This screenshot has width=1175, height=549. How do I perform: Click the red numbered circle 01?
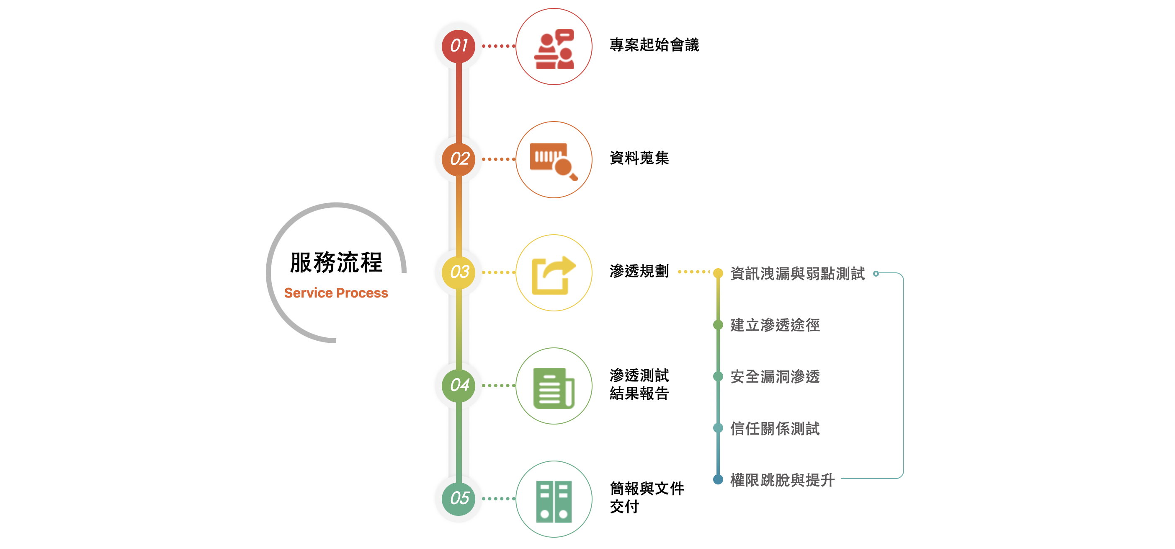pyautogui.click(x=459, y=46)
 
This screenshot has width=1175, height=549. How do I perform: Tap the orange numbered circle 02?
pyautogui.click(x=459, y=159)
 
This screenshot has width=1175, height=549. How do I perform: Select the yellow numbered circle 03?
pyautogui.click(x=459, y=272)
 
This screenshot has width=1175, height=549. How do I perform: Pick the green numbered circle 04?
pyautogui.click(x=459, y=386)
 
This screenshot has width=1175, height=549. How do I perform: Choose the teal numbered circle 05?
pyautogui.click(x=459, y=498)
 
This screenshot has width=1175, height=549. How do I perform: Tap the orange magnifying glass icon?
pyautogui.click(x=554, y=160)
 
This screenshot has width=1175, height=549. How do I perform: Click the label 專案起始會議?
pyautogui.click(x=654, y=45)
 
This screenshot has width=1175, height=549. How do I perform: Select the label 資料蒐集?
pyautogui.click(x=639, y=158)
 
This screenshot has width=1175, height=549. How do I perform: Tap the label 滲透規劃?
pyautogui.click(x=639, y=271)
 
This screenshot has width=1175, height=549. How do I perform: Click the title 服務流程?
pyautogui.click(x=336, y=262)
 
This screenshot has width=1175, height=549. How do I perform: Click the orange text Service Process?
pyautogui.click(x=336, y=293)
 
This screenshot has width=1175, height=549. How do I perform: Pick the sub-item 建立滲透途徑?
pyautogui.click(x=775, y=325)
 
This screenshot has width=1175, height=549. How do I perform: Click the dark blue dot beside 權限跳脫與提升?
pyautogui.click(x=718, y=479)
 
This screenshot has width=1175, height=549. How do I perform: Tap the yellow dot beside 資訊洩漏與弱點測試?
pyautogui.click(x=718, y=273)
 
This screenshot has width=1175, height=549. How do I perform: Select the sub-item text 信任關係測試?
pyautogui.click(x=775, y=429)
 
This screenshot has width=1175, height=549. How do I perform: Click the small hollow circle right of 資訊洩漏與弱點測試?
pyautogui.click(x=876, y=273)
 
